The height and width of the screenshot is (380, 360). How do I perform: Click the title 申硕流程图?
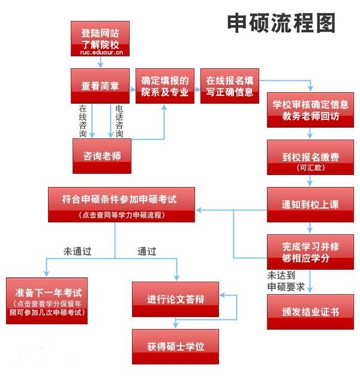pos(281,23)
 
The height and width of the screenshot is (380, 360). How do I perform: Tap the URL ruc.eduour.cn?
pos(101,53)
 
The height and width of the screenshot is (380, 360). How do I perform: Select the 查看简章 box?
pos(101,86)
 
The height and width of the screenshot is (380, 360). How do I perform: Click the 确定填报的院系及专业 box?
pos(164,86)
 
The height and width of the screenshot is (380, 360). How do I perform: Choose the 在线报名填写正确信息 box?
pos(230,86)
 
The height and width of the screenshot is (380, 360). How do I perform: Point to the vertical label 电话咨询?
pos(119,120)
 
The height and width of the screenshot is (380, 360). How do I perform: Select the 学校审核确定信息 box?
pos(310,109)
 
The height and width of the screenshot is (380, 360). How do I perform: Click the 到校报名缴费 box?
pos(310,158)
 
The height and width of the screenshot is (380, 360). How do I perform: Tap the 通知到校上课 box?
pos(310,204)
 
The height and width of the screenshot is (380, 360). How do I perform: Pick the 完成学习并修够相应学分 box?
pos(310,252)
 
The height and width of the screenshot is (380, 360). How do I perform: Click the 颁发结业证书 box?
pos(310,312)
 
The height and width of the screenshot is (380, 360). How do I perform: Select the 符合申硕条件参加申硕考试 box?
pos(121,204)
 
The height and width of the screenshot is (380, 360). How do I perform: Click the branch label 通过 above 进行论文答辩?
pos(146,251)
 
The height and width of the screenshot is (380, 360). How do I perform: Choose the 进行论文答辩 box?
pos(175,299)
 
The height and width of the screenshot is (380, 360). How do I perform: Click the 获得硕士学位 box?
pos(175,346)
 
